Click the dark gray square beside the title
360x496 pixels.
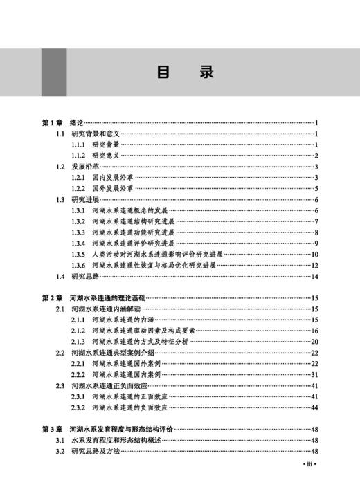point(54,72)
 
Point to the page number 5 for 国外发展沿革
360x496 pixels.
point(315,189)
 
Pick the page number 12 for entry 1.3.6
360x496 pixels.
point(314,266)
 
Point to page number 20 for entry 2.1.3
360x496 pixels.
point(314,342)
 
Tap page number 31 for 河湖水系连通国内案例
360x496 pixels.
point(314,374)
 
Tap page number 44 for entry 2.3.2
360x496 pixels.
point(314,407)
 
